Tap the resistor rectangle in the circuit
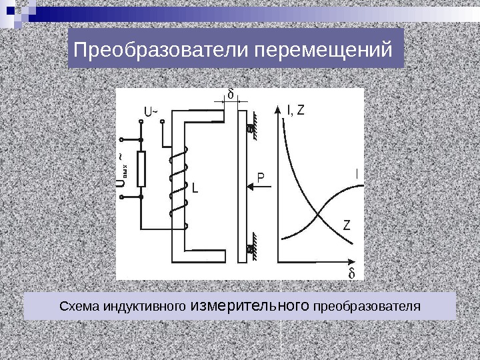tap(141, 168)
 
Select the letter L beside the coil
tap(195, 189)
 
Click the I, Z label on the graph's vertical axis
tap(295, 109)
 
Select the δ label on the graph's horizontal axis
tap(351, 273)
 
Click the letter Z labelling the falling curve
tap(347, 224)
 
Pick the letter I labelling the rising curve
tap(357, 174)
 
